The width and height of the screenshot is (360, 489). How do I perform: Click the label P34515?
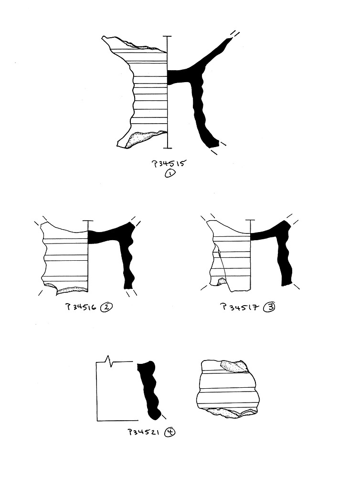(x=169, y=163)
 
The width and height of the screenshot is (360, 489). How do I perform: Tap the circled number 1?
(x=170, y=173)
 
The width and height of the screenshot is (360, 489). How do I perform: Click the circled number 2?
(x=106, y=307)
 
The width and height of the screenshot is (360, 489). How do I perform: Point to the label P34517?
(x=240, y=308)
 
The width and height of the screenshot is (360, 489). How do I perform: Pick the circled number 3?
(x=269, y=307)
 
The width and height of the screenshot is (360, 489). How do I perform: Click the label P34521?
(x=144, y=432)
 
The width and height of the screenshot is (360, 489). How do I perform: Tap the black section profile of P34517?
(x=285, y=246)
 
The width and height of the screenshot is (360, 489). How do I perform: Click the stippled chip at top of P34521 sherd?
(x=234, y=366)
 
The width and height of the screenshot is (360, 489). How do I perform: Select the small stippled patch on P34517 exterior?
(x=222, y=282)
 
